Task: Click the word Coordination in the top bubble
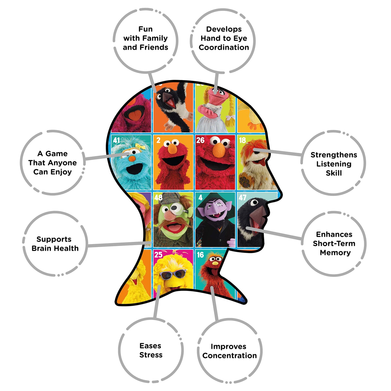click(x=224, y=47)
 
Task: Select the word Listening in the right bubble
click(x=334, y=164)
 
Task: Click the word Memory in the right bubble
click(x=335, y=253)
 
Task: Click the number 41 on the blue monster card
click(x=116, y=140)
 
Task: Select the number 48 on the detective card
click(x=158, y=198)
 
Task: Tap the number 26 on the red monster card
click(x=200, y=140)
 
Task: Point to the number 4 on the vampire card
click(x=201, y=198)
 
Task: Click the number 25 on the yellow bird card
click(x=158, y=255)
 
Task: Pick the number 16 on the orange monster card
click(x=200, y=255)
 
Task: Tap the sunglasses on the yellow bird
click(x=173, y=274)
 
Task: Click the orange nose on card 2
click(x=172, y=149)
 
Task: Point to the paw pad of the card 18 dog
click(x=245, y=181)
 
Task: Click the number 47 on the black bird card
click(x=242, y=198)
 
